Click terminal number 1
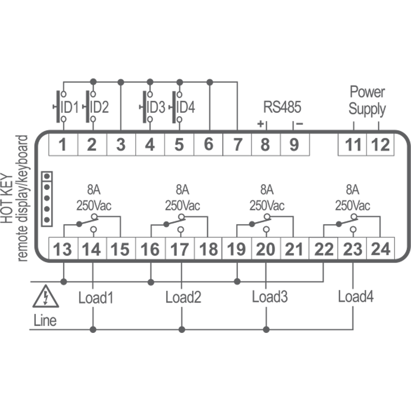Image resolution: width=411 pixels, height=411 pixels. (62, 145)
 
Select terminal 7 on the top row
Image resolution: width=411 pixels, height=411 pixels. (237, 145)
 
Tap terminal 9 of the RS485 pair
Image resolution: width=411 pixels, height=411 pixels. (294, 145)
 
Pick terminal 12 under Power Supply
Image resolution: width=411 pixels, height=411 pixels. (380, 145)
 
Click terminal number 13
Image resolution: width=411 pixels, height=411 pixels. (63, 249)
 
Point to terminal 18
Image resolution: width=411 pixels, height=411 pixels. (208, 249)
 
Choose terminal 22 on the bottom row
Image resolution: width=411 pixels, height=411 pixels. (324, 249)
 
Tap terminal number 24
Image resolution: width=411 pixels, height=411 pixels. (381, 249)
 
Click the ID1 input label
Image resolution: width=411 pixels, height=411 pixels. (69, 108)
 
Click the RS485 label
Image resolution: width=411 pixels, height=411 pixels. (282, 107)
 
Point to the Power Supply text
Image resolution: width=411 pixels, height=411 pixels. (367, 101)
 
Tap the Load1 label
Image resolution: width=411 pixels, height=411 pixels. (96, 297)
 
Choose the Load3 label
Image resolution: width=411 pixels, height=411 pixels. (270, 297)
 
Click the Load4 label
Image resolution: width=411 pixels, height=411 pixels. (356, 296)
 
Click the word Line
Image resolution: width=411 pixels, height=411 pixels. (45, 321)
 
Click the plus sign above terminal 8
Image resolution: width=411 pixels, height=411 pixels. (261, 124)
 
